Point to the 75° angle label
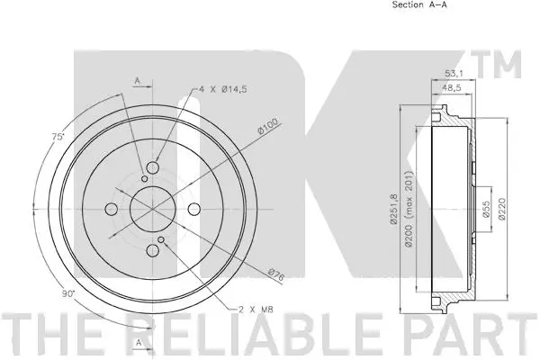(x=58, y=138)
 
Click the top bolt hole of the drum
(x=152, y=170)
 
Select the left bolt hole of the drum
(x=111, y=211)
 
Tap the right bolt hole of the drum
(x=193, y=211)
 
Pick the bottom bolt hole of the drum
(x=152, y=252)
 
